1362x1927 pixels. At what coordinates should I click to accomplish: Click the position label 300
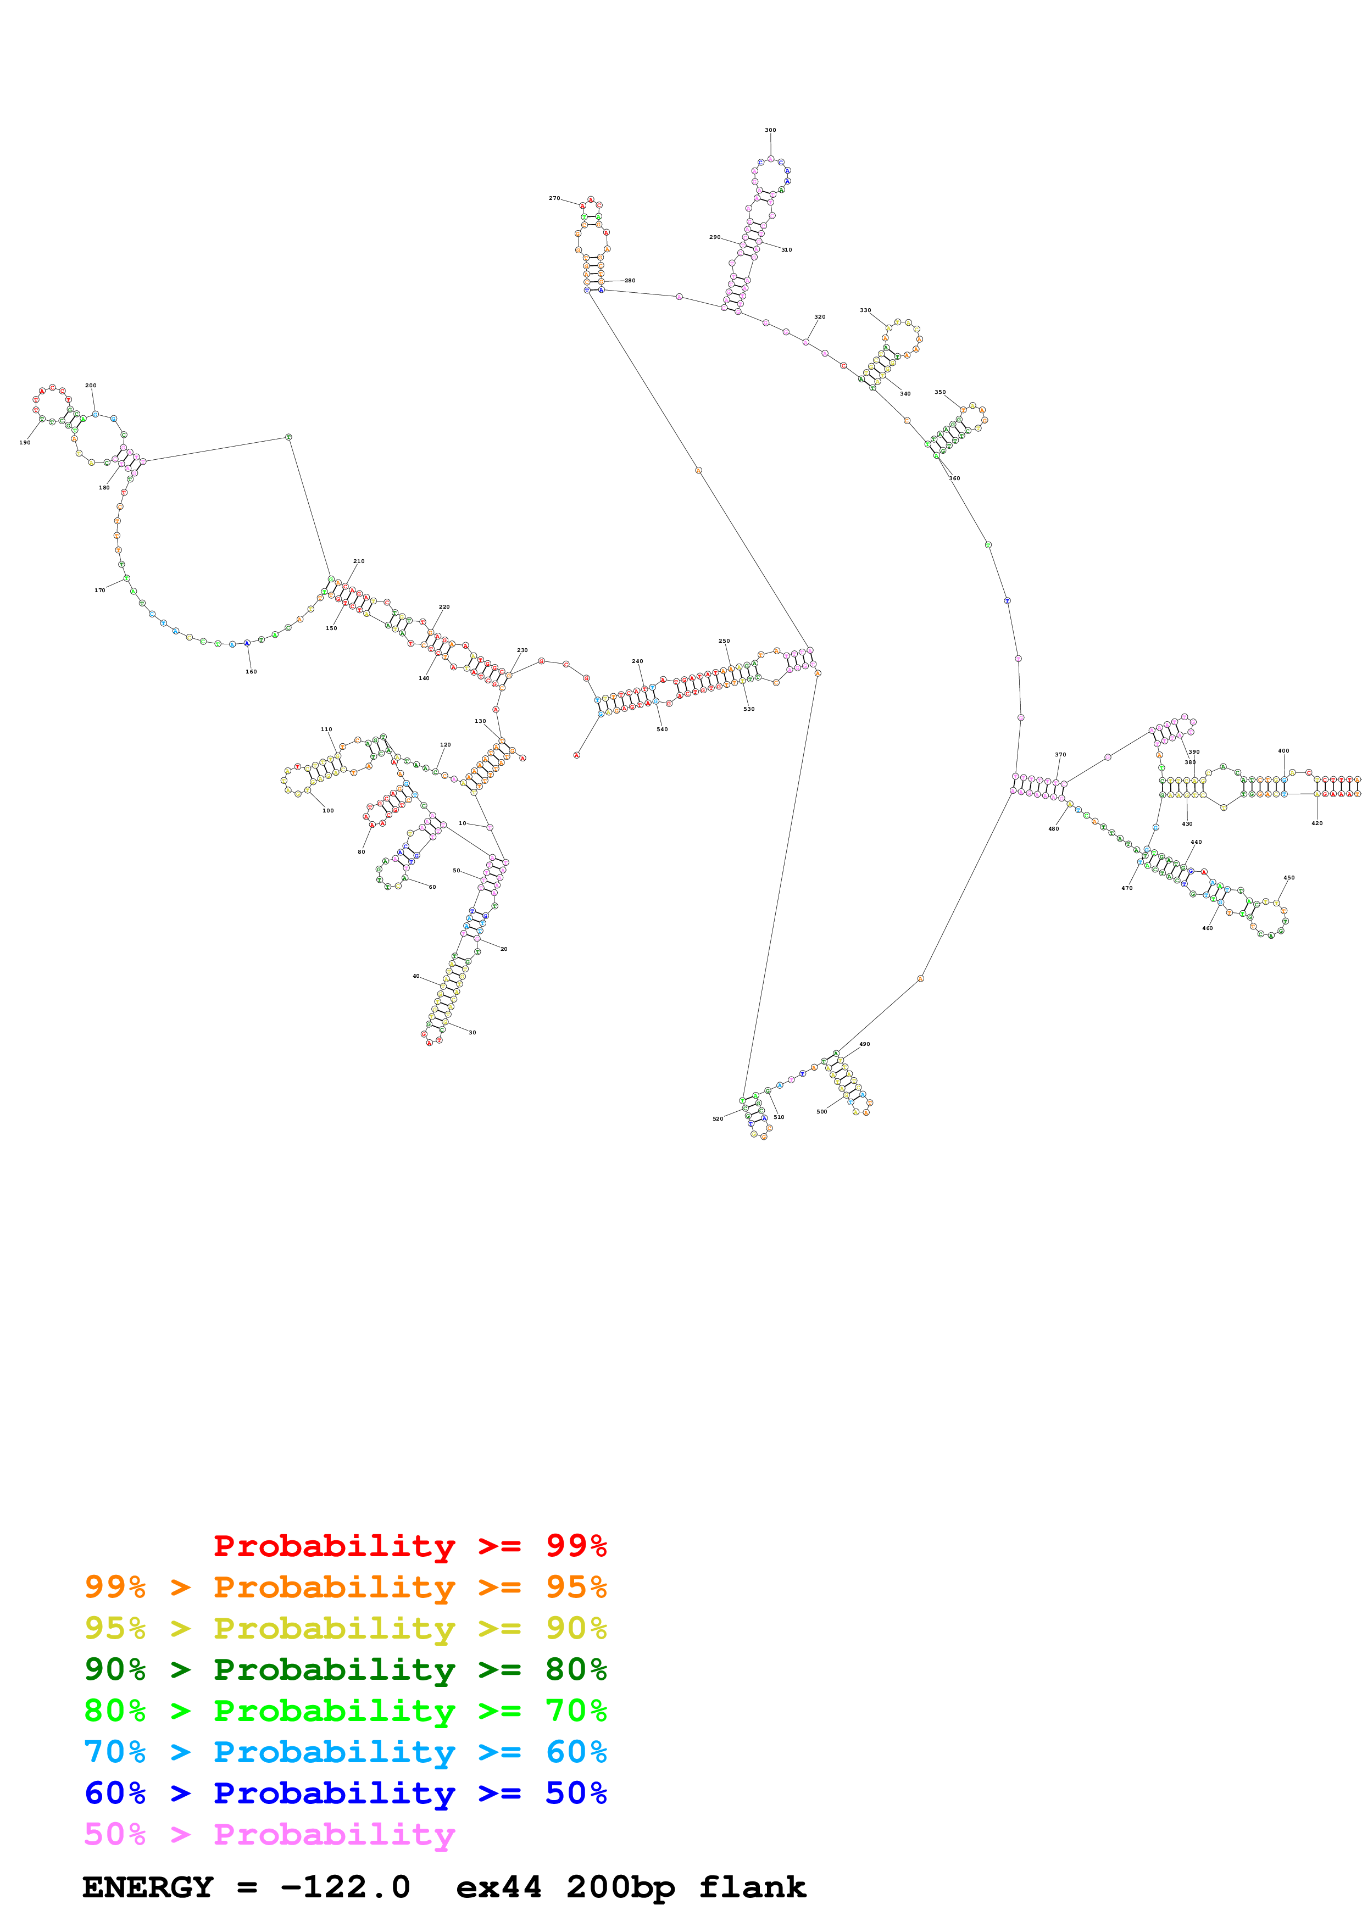(x=770, y=130)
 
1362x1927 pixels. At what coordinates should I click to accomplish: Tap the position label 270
(x=554, y=198)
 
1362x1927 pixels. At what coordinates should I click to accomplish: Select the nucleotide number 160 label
(x=251, y=671)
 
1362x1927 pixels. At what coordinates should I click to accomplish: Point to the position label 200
(x=91, y=385)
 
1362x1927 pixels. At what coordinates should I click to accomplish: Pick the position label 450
(x=1288, y=878)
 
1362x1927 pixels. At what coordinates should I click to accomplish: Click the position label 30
(x=472, y=1032)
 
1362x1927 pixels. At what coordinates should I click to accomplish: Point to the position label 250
(x=724, y=641)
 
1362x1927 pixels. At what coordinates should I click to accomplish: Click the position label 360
(x=954, y=478)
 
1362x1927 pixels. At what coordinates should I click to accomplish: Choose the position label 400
(x=1283, y=751)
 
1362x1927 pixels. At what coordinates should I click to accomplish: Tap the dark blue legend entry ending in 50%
(x=345, y=1793)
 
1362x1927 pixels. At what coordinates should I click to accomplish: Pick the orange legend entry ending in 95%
(x=345, y=1587)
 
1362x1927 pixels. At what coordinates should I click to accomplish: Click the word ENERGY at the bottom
(x=148, y=1887)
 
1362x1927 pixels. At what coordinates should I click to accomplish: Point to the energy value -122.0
(x=345, y=1887)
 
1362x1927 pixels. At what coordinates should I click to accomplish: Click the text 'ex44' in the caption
(x=498, y=1887)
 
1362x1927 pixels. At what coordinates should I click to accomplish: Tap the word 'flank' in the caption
(x=752, y=1887)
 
